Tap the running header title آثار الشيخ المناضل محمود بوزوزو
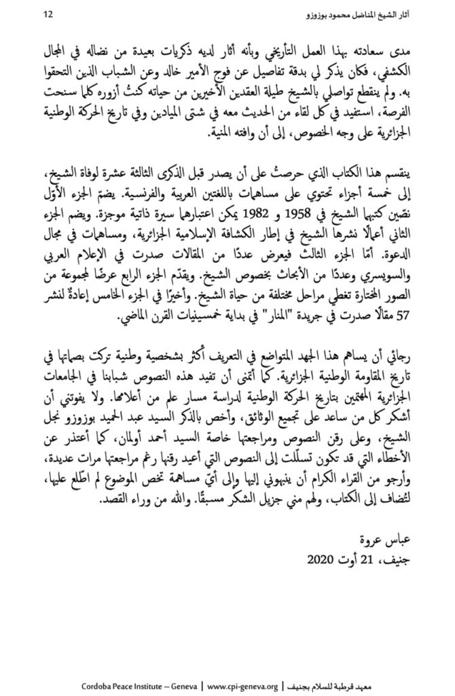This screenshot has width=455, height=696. pyautogui.click(x=357, y=14)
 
